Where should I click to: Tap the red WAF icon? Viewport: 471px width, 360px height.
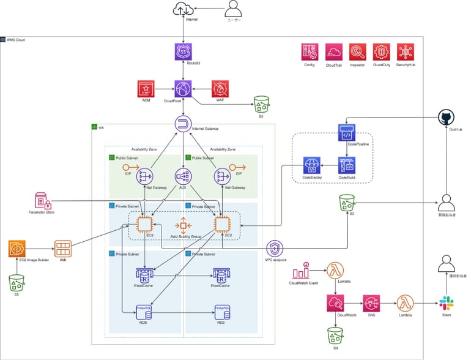coord(220,89)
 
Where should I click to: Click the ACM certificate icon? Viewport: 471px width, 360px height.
coord(146,89)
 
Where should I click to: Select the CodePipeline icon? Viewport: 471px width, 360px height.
coord(347,133)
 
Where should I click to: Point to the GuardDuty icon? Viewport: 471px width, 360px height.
coord(382,52)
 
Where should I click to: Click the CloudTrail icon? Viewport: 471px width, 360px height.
coord(334,52)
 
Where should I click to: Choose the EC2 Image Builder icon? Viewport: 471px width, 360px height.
coord(17,249)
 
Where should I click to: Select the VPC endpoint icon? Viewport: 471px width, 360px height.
coord(275,248)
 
